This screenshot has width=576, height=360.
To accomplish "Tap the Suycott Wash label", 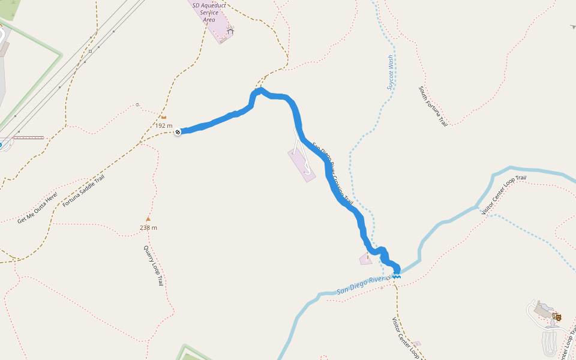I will tap(390, 73).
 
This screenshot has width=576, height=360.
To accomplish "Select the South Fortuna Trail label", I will tap(433, 106).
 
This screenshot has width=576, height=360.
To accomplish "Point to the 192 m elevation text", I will tap(164, 126).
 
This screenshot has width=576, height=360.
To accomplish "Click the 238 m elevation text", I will tap(148, 227).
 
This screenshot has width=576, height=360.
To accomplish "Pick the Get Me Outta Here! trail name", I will tap(38, 208).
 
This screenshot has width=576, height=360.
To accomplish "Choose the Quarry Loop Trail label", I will tap(153, 265).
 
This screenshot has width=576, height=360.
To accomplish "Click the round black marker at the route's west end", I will tap(178, 131).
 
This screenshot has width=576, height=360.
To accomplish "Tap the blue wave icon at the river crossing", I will tap(396, 275).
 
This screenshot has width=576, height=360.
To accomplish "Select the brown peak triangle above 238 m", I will tap(148, 219).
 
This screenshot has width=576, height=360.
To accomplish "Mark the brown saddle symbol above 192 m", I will tap(163, 117).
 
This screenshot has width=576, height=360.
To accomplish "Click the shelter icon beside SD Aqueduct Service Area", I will tap(230, 30).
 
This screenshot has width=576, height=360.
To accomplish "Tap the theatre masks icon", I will tap(557, 316).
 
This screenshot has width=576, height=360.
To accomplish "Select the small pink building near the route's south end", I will tap(366, 259).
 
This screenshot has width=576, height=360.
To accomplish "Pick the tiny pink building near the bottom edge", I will tap(416, 344).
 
